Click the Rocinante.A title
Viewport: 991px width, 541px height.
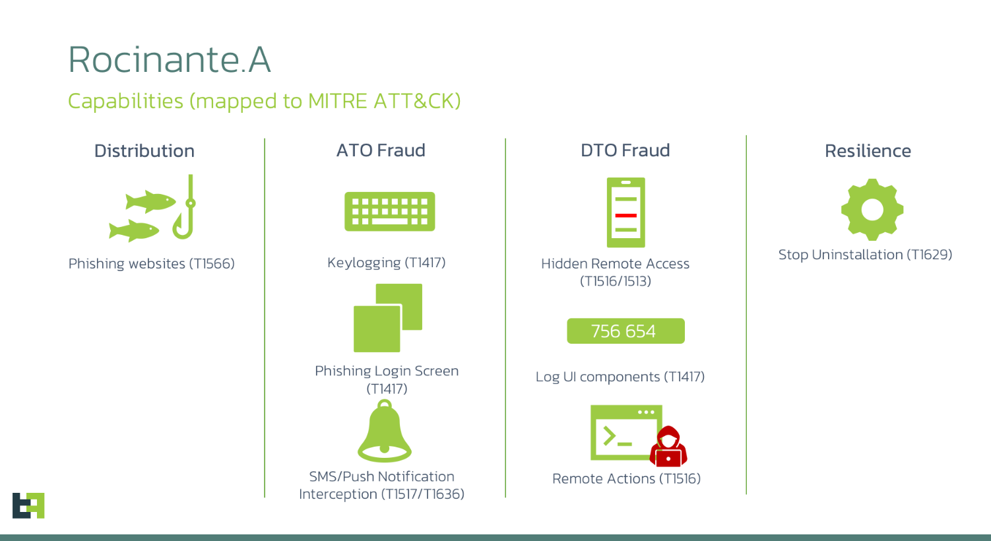tap(169, 59)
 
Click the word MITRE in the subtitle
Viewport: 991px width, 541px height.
tap(338, 101)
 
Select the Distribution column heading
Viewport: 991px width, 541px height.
tap(144, 151)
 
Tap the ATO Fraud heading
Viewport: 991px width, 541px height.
tap(381, 150)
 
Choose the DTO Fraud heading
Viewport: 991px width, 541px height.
tap(625, 150)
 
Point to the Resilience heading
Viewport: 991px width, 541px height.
tap(868, 151)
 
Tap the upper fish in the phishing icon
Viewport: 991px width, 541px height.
tap(150, 202)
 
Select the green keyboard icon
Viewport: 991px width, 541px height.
tap(390, 211)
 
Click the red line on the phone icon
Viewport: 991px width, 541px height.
tap(625, 216)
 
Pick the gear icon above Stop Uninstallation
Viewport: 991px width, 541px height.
tap(872, 210)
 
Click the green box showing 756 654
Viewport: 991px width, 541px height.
tap(625, 331)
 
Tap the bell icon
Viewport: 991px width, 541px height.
tap(385, 431)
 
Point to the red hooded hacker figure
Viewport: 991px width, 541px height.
tap(668, 447)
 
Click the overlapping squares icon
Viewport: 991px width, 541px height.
tap(387, 318)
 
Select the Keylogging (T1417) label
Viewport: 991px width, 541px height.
tap(386, 263)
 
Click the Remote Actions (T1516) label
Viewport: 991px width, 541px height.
tap(626, 478)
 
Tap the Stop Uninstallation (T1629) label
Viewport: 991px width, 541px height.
tap(866, 255)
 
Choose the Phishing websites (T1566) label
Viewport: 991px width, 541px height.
tap(151, 264)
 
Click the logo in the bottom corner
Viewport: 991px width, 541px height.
tap(28, 505)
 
